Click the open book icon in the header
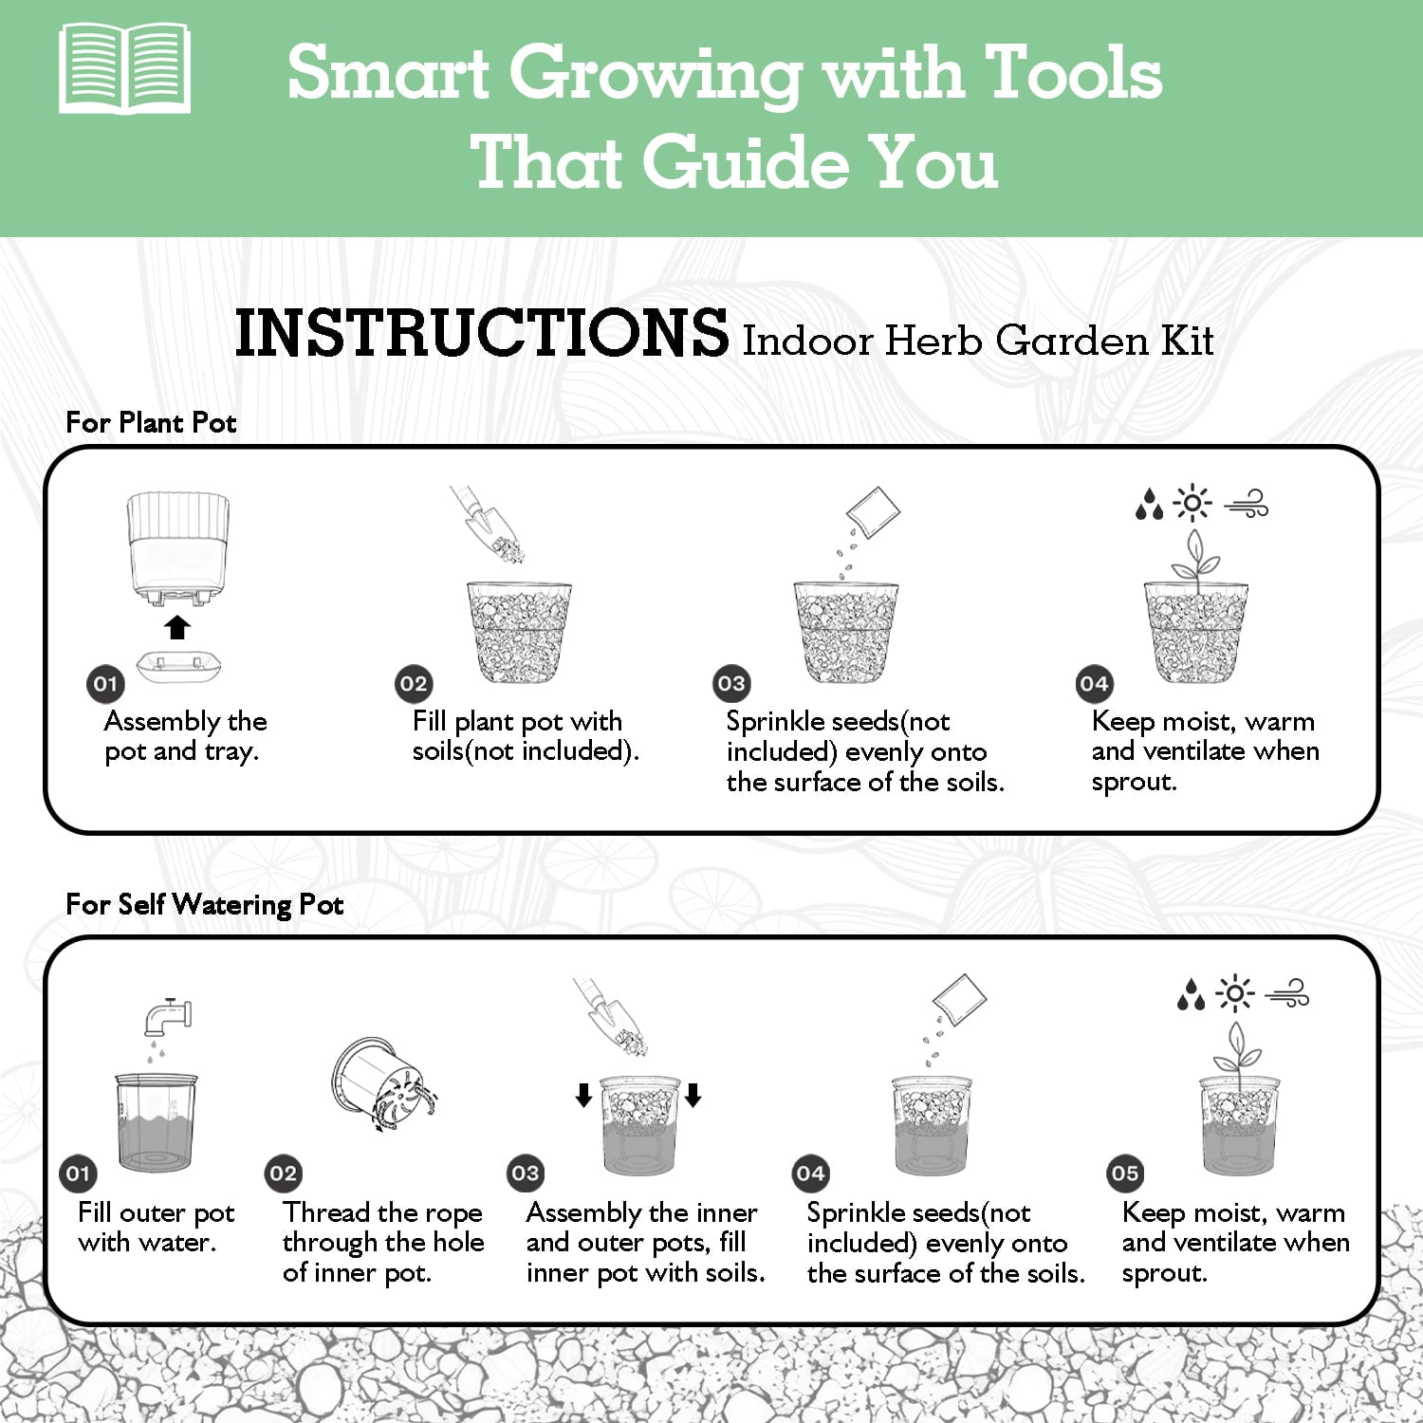(x=124, y=69)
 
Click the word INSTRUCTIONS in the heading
(x=482, y=334)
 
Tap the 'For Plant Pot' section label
(x=151, y=422)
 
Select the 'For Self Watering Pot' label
(x=204, y=904)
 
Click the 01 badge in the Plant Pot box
(x=105, y=684)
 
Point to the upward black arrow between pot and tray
(x=177, y=627)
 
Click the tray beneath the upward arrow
(x=179, y=666)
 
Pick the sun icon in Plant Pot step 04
(x=1192, y=502)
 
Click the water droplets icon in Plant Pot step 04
(x=1149, y=504)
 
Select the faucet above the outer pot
(x=168, y=1016)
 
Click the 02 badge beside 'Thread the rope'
(x=283, y=1174)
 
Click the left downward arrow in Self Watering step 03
(x=583, y=1096)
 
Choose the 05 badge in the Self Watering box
(x=1124, y=1174)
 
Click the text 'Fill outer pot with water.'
(x=156, y=1228)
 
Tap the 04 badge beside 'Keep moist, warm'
(x=1094, y=684)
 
